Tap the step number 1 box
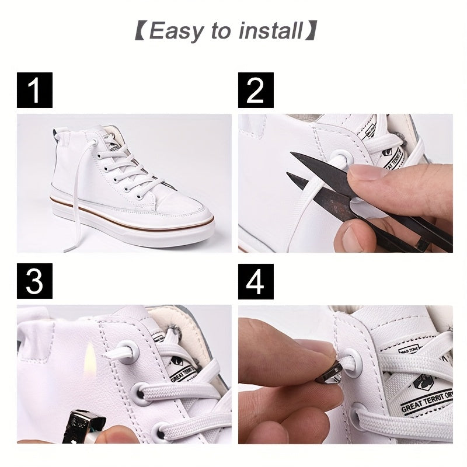tap(35, 90)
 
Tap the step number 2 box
tap(256, 90)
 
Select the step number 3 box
tap(35, 281)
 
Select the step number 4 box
tap(256, 281)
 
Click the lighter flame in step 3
tap(90, 356)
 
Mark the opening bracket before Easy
tap(140, 31)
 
